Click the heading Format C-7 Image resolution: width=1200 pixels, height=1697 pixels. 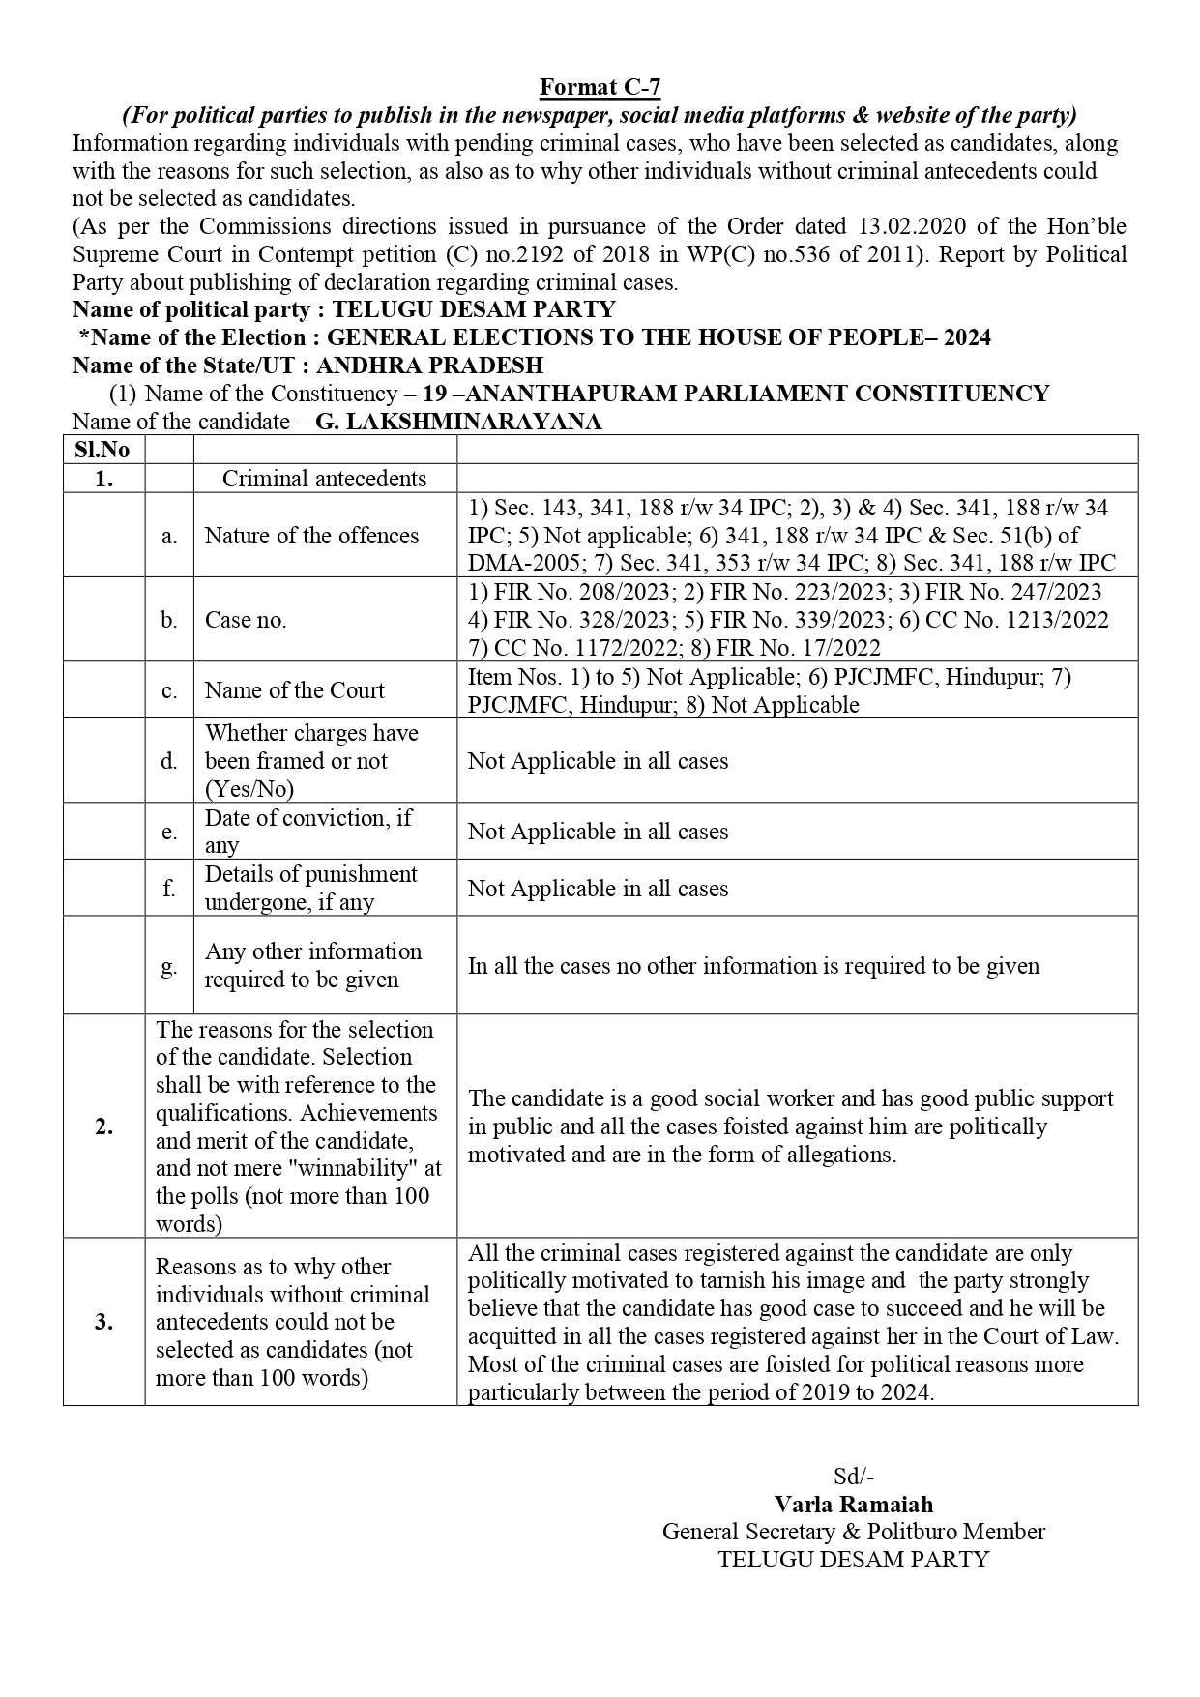click(x=600, y=88)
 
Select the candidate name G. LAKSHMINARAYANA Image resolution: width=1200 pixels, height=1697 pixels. click(x=458, y=423)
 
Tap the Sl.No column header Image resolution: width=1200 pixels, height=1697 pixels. click(x=102, y=450)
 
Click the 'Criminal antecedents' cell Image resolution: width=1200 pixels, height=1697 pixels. click(x=324, y=479)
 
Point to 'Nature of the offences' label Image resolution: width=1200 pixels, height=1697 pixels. click(x=311, y=536)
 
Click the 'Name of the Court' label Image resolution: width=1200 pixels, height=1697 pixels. click(x=294, y=690)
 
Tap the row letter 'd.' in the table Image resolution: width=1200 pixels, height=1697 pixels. click(x=169, y=761)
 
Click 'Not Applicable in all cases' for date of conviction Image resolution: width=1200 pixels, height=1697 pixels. click(x=598, y=832)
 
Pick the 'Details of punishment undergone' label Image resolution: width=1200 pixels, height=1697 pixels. click(x=310, y=888)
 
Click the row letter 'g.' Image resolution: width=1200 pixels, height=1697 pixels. click(x=169, y=965)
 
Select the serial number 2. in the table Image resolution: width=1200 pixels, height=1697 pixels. click(x=103, y=1126)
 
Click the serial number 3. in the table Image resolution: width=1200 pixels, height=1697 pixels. click(x=103, y=1322)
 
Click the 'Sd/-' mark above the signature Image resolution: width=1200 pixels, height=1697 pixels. click(x=853, y=1477)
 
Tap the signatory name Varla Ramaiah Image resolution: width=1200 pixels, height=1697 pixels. click(x=853, y=1505)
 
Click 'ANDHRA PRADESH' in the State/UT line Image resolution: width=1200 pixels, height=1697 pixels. click(x=429, y=366)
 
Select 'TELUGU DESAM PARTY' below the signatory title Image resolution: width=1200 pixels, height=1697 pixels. click(x=853, y=1560)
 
